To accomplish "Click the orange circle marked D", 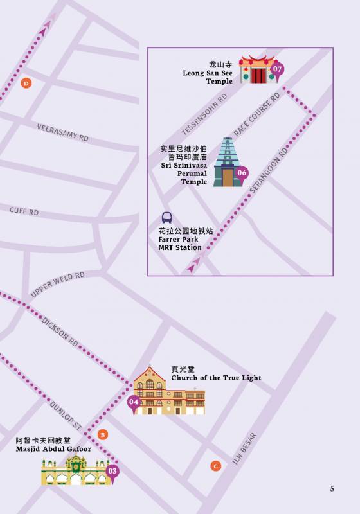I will [x=26, y=83].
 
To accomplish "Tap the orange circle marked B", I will [x=103, y=435].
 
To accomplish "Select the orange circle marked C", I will [x=216, y=466].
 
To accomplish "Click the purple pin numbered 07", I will [x=277, y=69].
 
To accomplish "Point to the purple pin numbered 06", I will [x=242, y=173].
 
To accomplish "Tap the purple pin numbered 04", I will [x=134, y=403].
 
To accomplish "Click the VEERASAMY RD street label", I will [x=62, y=133].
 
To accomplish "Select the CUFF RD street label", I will [x=24, y=211].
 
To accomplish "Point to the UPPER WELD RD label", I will [x=57, y=285].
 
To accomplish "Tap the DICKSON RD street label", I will [x=60, y=332].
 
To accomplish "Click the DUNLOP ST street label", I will [x=66, y=415].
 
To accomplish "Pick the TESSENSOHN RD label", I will [x=204, y=113].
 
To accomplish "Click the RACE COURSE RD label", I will [x=257, y=114].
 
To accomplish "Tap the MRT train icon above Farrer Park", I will [x=167, y=218].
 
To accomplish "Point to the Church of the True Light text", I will [x=216, y=378].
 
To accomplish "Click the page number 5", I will [x=332, y=489].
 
